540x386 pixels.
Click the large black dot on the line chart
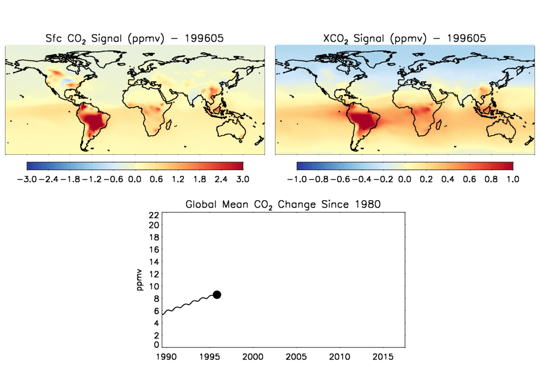[x=217, y=295]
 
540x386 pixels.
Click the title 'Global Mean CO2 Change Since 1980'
[x=283, y=204]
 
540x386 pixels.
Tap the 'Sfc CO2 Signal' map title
[x=134, y=38]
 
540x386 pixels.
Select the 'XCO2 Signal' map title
[x=404, y=38]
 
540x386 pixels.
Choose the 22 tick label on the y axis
[x=154, y=214]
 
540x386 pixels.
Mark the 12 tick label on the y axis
[x=154, y=275]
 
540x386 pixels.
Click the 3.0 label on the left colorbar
[x=242, y=179]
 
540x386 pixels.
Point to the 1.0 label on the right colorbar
[x=513, y=179]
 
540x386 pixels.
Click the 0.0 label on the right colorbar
[x=404, y=179]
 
